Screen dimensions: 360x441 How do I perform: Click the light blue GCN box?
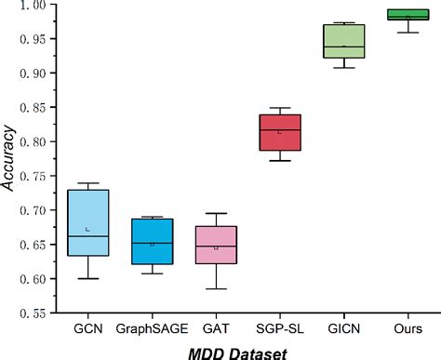88,222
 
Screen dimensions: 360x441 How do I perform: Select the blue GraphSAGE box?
152,242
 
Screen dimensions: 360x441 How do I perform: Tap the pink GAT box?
215,245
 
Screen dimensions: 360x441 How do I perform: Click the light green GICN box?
342,41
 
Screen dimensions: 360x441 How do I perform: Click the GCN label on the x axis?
88,328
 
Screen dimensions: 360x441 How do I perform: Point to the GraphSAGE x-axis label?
152,328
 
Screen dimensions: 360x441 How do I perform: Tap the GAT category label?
215,328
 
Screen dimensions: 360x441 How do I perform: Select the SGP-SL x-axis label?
279,328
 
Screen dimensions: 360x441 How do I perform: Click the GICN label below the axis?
342,328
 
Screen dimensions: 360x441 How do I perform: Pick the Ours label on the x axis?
407,328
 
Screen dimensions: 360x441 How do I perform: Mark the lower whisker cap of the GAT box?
215,288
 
